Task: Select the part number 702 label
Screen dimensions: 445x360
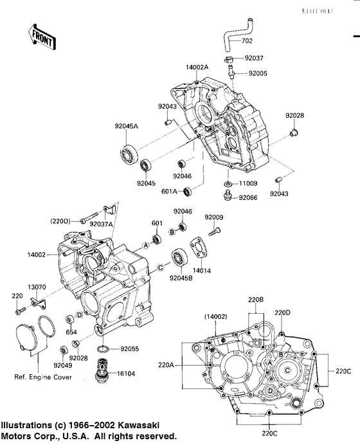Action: pyautogui.click(x=248, y=42)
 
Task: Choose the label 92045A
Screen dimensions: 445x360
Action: pyautogui.click(x=126, y=126)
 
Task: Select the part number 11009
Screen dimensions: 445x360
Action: pyautogui.click(x=249, y=183)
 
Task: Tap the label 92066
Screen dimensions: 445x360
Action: pyautogui.click(x=248, y=198)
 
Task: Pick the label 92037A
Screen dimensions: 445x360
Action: pyautogui.click(x=102, y=223)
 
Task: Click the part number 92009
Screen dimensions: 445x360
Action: pyautogui.click(x=214, y=217)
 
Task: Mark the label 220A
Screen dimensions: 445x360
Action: pyautogui.click(x=166, y=365)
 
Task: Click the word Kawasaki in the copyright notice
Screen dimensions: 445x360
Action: pyautogui.click(x=136, y=426)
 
